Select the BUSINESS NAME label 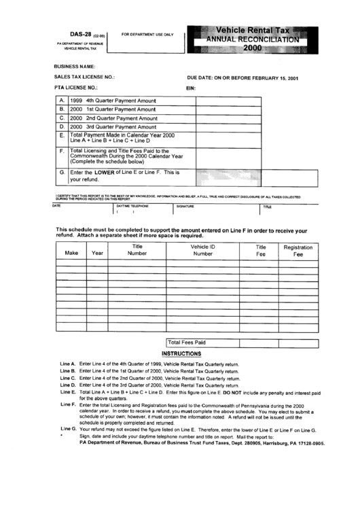(75, 67)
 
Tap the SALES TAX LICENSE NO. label (84, 77)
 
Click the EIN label (190, 89)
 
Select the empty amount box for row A (256, 100)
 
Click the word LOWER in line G (107, 173)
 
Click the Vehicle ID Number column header (202, 249)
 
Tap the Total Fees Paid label (187, 343)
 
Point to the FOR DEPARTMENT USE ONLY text (147, 34)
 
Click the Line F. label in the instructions (68, 404)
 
